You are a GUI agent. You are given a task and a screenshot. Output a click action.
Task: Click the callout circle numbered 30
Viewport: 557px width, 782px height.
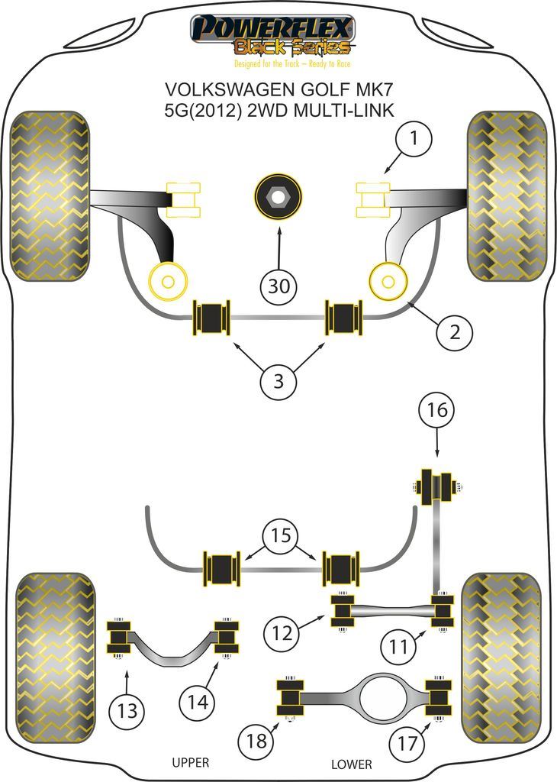(279, 286)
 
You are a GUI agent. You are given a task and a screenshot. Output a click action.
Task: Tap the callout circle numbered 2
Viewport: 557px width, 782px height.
(455, 332)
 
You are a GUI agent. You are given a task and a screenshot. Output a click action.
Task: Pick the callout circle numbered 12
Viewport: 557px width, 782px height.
(282, 632)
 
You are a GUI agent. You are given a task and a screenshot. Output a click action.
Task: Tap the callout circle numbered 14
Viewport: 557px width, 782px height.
(200, 700)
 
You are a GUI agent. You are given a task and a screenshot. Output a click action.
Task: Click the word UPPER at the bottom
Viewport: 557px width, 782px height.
(189, 763)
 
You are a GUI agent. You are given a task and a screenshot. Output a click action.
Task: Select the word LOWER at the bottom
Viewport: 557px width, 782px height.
(352, 763)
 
